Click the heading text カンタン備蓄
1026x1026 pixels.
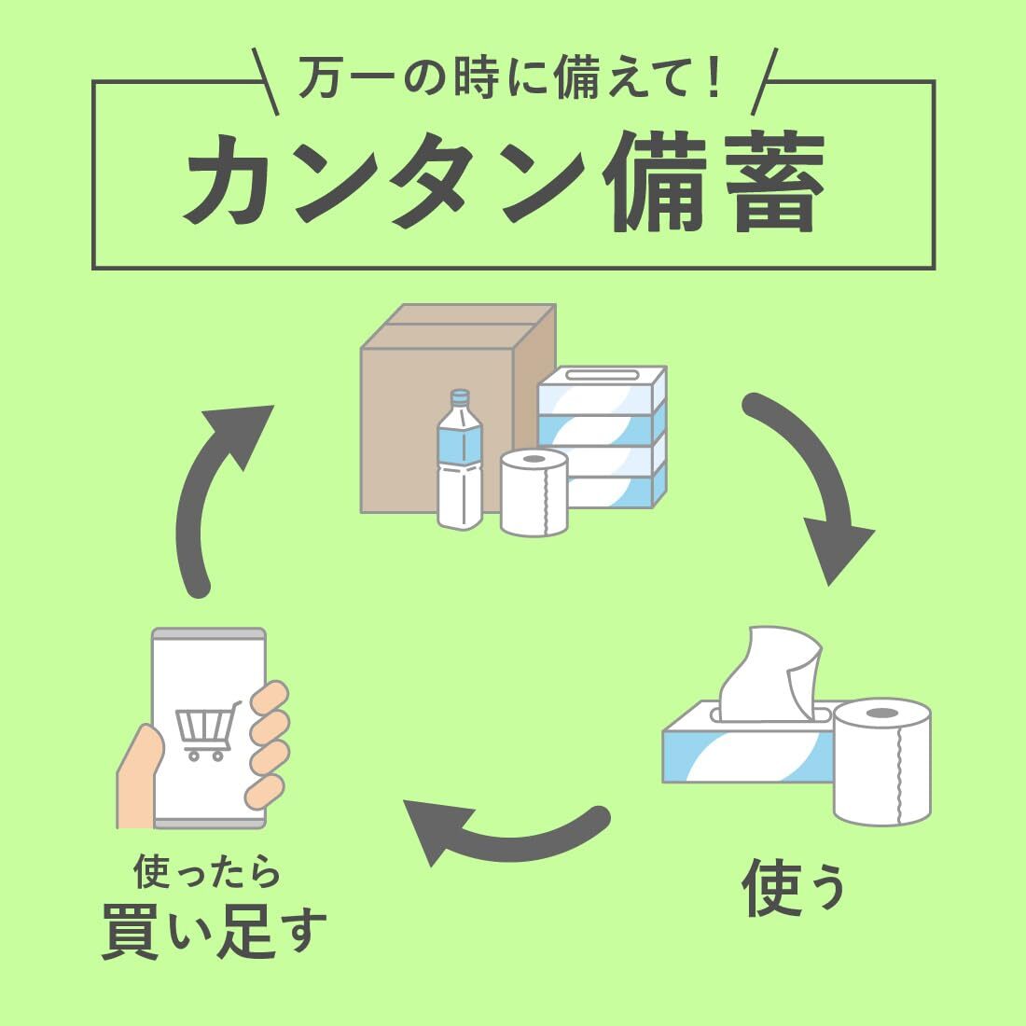tap(504, 181)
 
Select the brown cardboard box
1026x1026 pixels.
tap(438, 392)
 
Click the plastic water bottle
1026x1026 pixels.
tap(460, 466)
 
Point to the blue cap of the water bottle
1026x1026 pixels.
tap(459, 395)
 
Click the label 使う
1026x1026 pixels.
tap(794, 887)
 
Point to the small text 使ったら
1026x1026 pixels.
tap(207, 873)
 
